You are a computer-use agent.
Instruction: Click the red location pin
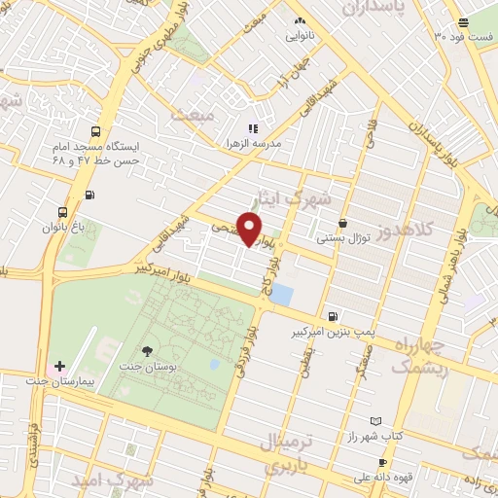point(250,228)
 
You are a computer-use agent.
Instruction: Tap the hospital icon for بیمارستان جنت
point(60,367)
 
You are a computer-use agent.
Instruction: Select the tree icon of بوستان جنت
point(147,351)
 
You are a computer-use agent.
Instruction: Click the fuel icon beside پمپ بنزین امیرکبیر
point(335,316)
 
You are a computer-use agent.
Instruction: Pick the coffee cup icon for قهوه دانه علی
point(381,462)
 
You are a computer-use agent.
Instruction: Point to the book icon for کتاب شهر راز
point(376,422)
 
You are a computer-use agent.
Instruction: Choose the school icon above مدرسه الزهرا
point(253,128)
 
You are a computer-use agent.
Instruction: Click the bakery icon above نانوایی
point(299,20)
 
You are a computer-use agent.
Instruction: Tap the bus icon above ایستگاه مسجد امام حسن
point(95,131)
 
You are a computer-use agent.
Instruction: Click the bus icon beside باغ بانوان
point(62,212)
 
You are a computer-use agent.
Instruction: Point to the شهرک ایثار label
point(298,198)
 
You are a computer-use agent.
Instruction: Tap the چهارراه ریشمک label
point(420,355)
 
